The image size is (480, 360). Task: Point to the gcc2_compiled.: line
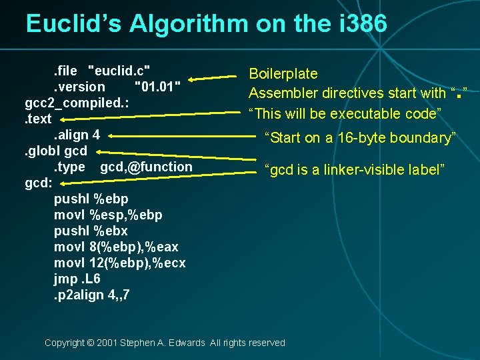point(77,103)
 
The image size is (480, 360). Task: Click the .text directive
point(38,119)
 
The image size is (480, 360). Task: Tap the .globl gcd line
point(56,151)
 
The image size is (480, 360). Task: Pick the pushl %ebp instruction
point(91,199)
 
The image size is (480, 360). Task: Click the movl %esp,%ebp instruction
point(108,215)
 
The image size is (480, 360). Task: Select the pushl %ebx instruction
point(91,231)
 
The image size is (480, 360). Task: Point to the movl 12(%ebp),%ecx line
point(119,263)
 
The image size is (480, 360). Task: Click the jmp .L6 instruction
point(79,279)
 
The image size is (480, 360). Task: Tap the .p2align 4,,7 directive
point(92,295)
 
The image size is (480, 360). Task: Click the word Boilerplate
point(283,74)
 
